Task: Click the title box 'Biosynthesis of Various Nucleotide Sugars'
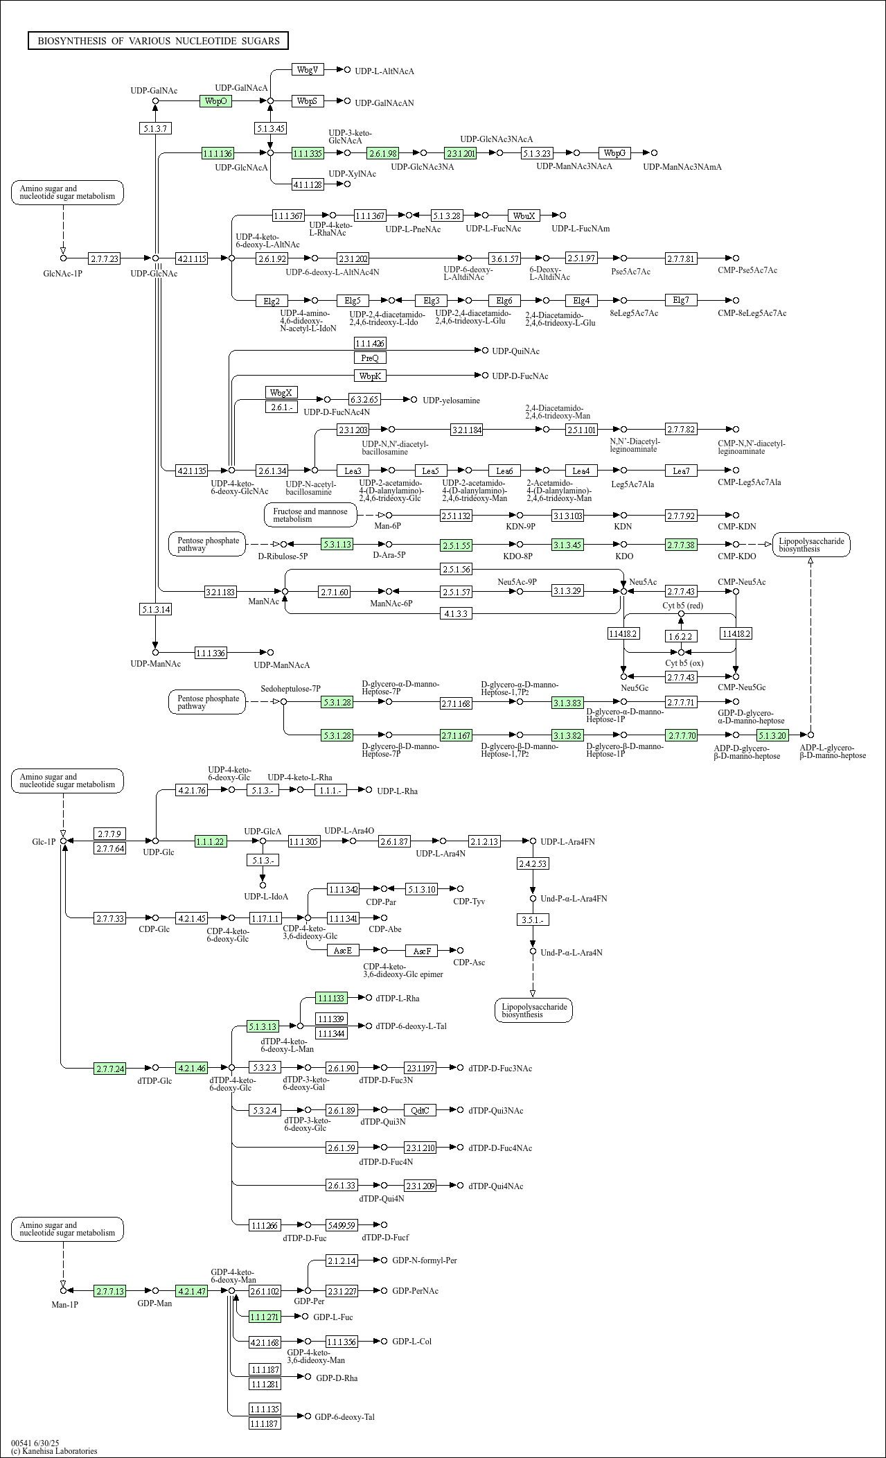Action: tap(158, 41)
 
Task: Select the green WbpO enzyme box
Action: tap(215, 101)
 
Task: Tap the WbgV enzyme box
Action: tap(308, 70)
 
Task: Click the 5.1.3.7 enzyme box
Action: tap(155, 128)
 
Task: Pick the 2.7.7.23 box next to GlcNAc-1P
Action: tap(104, 258)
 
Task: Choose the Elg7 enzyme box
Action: tap(681, 300)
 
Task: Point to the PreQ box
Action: tap(370, 358)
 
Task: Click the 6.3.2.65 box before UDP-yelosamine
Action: tap(364, 400)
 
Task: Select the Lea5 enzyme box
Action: tap(430, 471)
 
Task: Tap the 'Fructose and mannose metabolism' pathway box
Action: tap(310, 515)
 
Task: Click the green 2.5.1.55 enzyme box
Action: tap(456, 545)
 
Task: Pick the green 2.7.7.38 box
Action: tap(681, 545)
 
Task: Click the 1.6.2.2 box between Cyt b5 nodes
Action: tap(680, 635)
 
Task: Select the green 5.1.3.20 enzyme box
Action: tap(772, 735)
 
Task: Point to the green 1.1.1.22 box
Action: tap(211, 841)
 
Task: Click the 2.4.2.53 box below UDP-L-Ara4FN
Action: tap(533, 863)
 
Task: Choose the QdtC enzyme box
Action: tap(420, 1110)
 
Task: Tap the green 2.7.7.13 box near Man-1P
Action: tap(110, 1291)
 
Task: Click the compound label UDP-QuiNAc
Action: tap(515, 351)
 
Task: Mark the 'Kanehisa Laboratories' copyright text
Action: tap(54, 1450)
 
